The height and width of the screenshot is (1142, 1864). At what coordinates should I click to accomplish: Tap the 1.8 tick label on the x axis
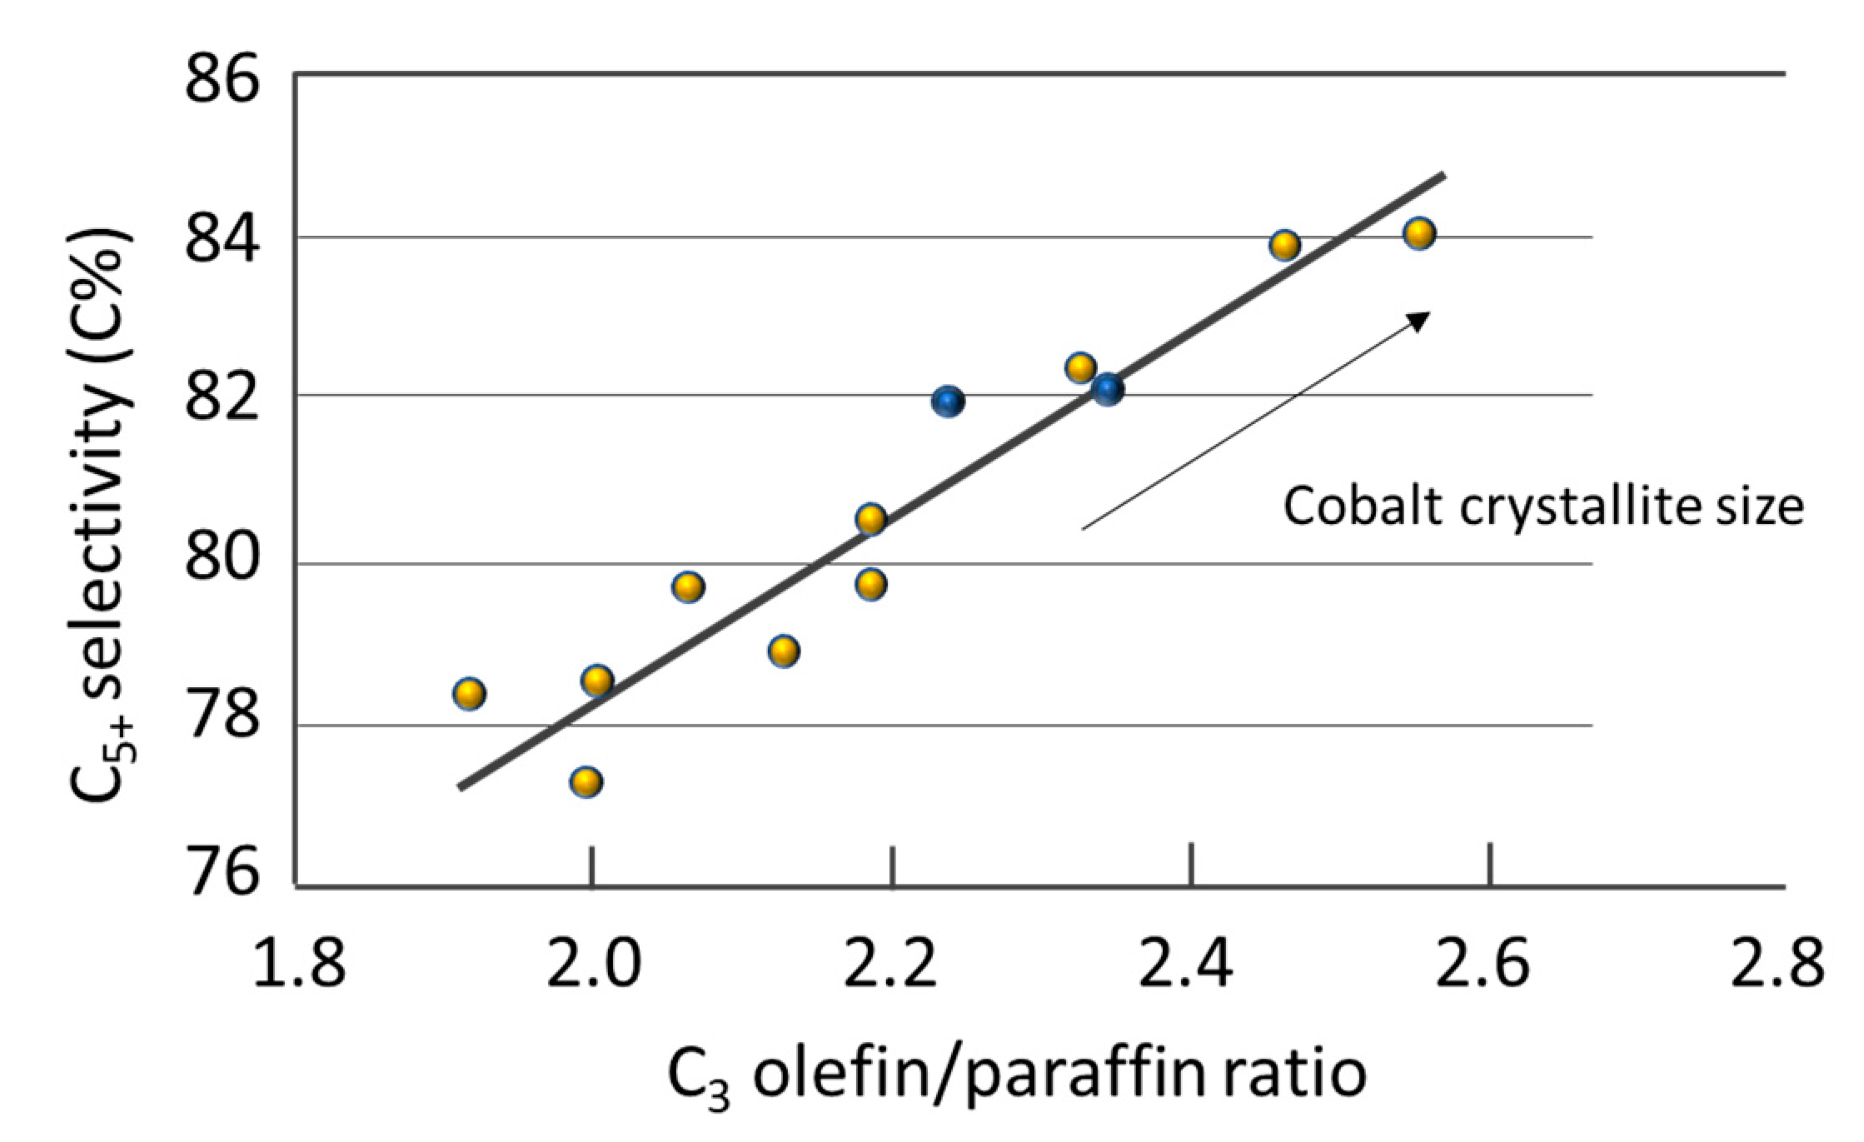[x=298, y=963]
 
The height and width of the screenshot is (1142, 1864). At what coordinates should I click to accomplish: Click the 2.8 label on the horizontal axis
[x=1777, y=963]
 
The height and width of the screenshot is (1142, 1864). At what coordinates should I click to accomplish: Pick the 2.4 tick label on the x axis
[x=1185, y=963]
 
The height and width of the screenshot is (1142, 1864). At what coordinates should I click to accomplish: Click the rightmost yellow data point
[x=1419, y=233]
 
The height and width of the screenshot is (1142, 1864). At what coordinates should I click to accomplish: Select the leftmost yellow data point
[x=469, y=693]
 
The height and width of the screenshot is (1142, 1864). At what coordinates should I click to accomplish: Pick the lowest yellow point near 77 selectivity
[x=586, y=781]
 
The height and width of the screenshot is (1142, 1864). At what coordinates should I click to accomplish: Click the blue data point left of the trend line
[x=948, y=401]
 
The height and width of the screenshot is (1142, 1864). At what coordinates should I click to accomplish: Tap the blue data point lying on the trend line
[x=1108, y=389]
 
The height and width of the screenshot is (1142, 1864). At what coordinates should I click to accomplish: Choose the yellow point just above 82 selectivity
[x=1080, y=367]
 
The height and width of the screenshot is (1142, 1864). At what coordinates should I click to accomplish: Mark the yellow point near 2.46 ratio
[x=1284, y=245]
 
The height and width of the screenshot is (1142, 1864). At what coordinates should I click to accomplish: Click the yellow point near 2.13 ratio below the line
[x=784, y=650]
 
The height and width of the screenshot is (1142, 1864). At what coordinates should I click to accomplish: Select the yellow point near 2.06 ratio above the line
[x=688, y=586]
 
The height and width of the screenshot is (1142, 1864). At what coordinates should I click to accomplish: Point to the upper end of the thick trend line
[x=1443, y=175]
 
